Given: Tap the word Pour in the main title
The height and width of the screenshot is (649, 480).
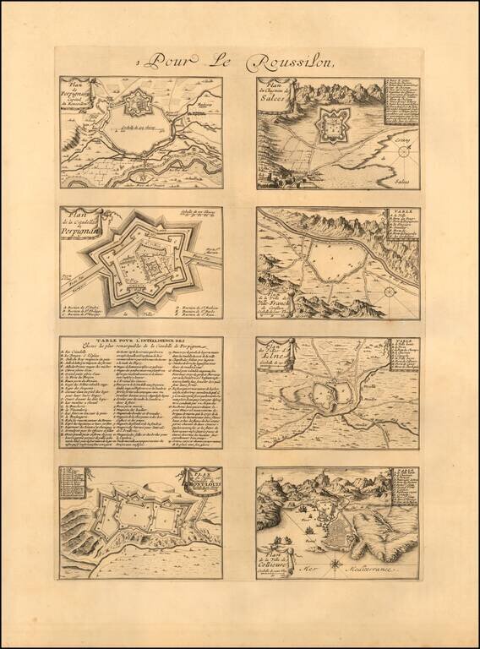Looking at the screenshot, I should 168,60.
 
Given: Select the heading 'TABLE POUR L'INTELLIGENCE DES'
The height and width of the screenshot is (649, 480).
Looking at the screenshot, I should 140,342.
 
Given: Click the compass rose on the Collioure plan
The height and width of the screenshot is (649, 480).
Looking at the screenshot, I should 337,561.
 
